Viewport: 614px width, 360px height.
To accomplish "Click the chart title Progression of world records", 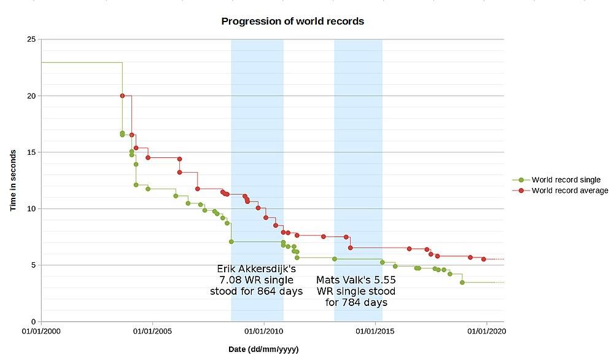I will click(292, 22).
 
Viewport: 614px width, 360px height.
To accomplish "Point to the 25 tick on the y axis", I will click(31, 39).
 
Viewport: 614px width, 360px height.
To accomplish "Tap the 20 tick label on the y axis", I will click(31, 96).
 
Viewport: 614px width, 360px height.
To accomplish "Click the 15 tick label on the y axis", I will click(31, 152).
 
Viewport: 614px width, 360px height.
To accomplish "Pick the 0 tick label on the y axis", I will click(33, 322).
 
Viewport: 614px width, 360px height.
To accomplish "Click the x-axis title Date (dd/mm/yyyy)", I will click(263, 349).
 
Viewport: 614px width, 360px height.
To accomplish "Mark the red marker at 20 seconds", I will click(123, 96).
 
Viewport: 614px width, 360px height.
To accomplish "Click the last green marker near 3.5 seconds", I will click(462, 283).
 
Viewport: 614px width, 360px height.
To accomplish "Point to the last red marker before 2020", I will click(484, 259).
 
